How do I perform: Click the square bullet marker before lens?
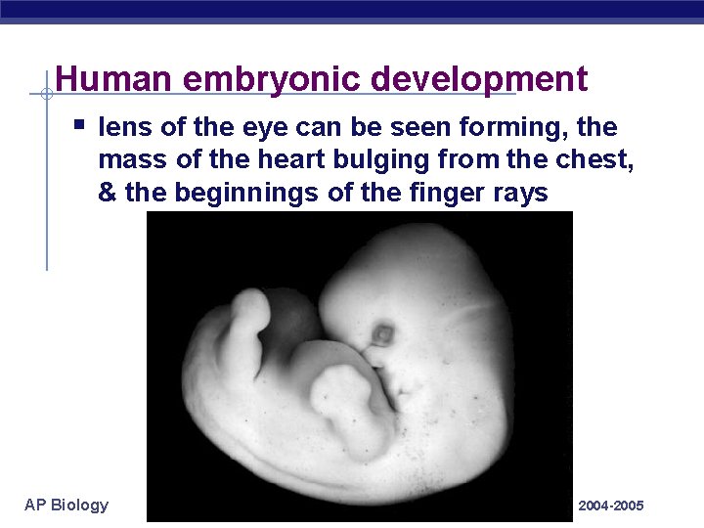[80, 126]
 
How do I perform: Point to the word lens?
[124, 128]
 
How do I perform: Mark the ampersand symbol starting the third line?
[108, 193]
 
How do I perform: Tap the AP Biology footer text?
[66, 505]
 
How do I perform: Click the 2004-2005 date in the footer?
[611, 506]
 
